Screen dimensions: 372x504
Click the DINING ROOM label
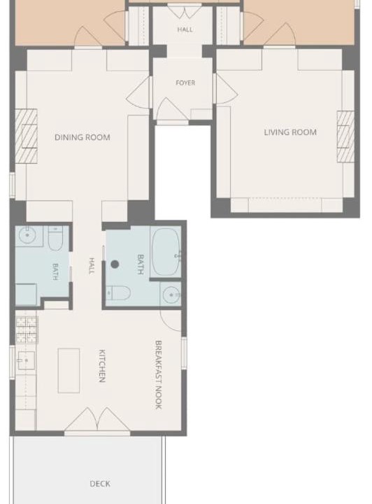click(x=83, y=137)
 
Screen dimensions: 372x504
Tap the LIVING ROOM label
click(x=290, y=132)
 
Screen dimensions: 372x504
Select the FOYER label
click(x=185, y=83)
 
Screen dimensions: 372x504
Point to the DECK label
click(x=100, y=484)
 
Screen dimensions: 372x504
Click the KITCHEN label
click(x=102, y=366)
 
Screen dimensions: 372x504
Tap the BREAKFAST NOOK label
click(x=158, y=374)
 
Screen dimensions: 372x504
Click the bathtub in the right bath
click(x=166, y=252)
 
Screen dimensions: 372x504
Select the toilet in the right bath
click(x=118, y=293)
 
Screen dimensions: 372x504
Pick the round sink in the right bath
click(x=171, y=295)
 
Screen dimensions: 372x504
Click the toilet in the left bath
click(x=55, y=239)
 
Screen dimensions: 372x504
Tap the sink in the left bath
click(x=27, y=236)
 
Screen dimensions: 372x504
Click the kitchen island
click(x=69, y=370)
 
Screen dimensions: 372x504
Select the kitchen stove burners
click(x=27, y=330)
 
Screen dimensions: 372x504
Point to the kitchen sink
click(x=27, y=360)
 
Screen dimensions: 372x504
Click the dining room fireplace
click(x=26, y=136)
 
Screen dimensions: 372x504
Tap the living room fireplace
click(x=345, y=136)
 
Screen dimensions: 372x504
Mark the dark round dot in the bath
click(x=115, y=264)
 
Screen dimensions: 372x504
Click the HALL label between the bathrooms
click(x=92, y=266)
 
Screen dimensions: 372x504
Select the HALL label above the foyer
click(x=185, y=29)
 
